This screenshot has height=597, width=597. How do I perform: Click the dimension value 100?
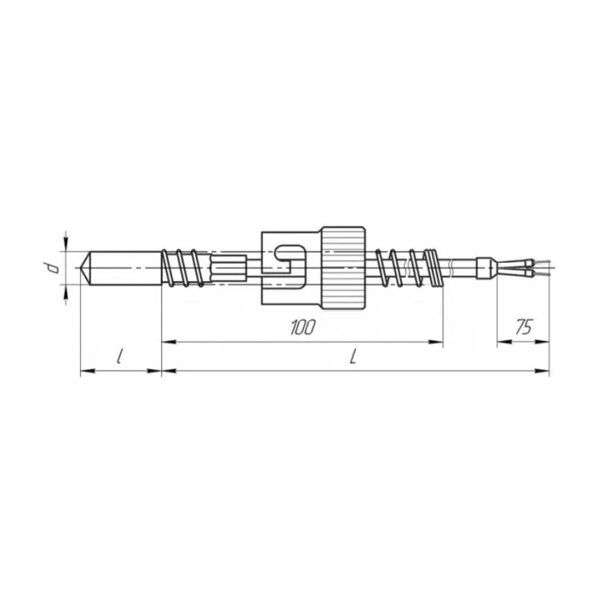[x=303, y=327]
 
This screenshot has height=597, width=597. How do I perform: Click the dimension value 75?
[x=524, y=327]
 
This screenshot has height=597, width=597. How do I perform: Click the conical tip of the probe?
[x=85, y=268]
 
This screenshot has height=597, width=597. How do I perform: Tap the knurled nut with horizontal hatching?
[x=344, y=267]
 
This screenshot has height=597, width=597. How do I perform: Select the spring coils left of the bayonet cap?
[x=183, y=268]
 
